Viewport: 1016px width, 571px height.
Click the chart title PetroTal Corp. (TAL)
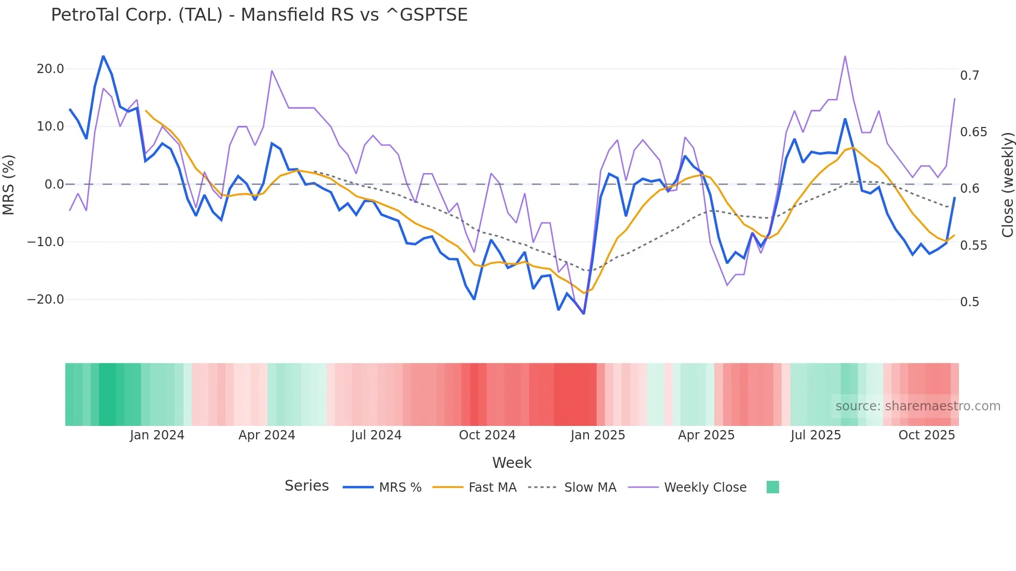coord(259,15)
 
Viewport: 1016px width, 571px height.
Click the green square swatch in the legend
coord(772,487)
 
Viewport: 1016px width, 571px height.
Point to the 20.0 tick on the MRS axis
coord(50,69)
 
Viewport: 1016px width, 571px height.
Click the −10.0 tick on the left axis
coord(46,242)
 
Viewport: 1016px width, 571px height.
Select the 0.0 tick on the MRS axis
coord(54,184)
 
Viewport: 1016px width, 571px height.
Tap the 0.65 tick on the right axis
coord(973,132)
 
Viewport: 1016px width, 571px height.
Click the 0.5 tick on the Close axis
coord(969,302)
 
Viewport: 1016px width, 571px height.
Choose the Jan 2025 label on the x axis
coord(598,435)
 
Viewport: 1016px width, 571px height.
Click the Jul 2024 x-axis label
coord(376,435)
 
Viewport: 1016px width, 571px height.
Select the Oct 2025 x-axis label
coord(926,435)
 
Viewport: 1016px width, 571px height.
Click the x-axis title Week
coord(512,463)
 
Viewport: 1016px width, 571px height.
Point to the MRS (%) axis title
coord(9,184)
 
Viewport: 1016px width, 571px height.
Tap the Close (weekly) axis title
coord(1007,184)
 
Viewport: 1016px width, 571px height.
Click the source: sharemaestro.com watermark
coord(918,406)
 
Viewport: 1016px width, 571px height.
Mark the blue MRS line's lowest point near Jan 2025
coord(584,313)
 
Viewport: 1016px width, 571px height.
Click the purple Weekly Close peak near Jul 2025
coord(845,56)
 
